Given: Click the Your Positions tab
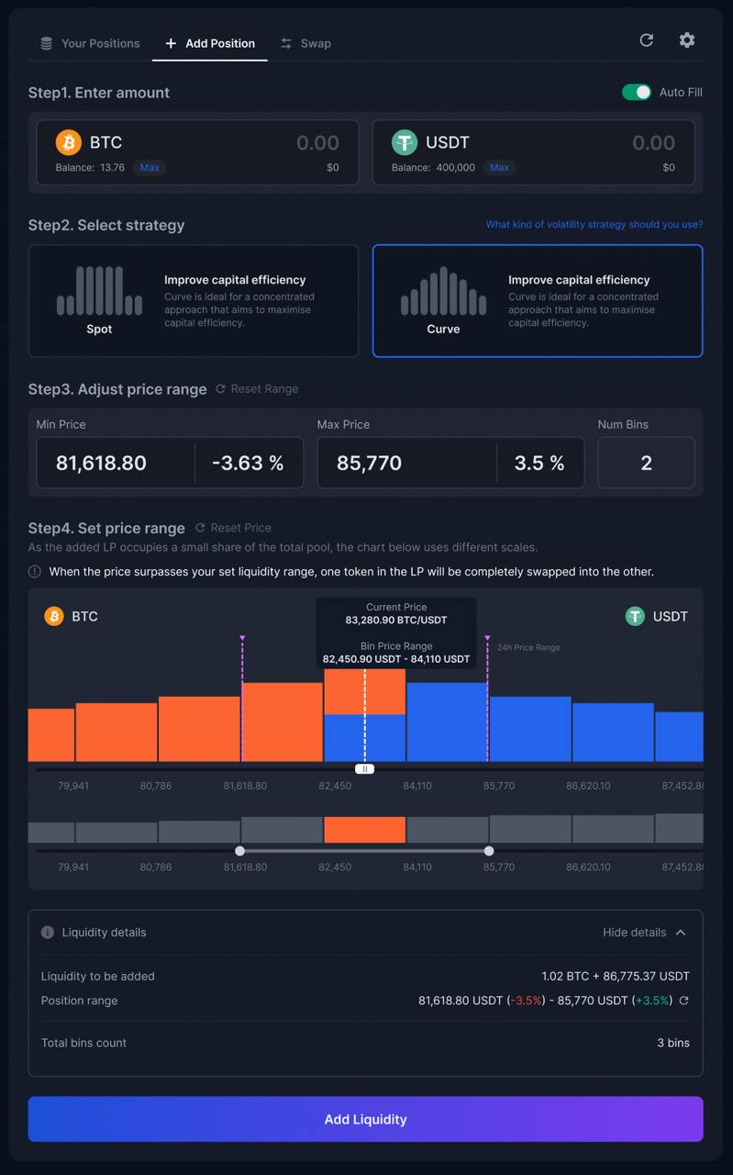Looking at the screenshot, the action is pyautogui.click(x=90, y=43).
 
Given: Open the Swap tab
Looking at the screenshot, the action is pyautogui.click(x=305, y=43).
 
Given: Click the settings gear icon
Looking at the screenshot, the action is pyautogui.click(x=687, y=40).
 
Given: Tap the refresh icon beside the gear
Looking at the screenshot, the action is pyautogui.click(x=647, y=40).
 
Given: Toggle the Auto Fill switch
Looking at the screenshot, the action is pyautogui.click(x=637, y=93).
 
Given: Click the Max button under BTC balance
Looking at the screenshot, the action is pyautogui.click(x=150, y=168).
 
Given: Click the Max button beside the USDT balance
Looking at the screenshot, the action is pyautogui.click(x=499, y=168).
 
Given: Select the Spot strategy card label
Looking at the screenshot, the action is pyautogui.click(x=99, y=329).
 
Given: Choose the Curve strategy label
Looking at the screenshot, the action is pyautogui.click(x=443, y=329).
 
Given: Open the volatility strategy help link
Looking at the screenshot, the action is pyautogui.click(x=594, y=225).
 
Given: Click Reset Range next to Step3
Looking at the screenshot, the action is pyautogui.click(x=258, y=389).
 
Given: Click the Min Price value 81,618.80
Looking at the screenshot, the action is pyautogui.click(x=101, y=464).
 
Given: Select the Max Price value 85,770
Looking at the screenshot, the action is pyautogui.click(x=369, y=464).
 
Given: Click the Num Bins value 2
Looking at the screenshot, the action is pyautogui.click(x=646, y=464).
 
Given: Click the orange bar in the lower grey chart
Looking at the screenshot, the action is pyautogui.click(x=365, y=830).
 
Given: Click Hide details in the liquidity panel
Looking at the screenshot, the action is pyautogui.click(x=644, y=933).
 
